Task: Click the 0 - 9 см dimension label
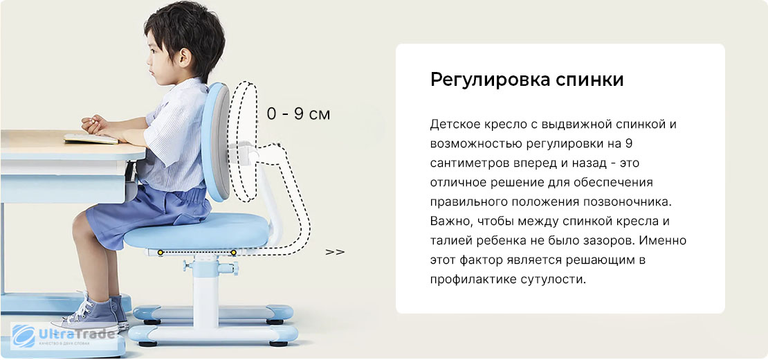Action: tap(298, 114)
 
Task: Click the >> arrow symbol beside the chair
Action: tap(335, 252)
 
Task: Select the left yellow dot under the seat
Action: tap(160, 253)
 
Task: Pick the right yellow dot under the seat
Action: tap(234, 253)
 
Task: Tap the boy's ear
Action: tap(185, 57)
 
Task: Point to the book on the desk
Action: tap(91, 138)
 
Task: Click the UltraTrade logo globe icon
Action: tap(24, 336)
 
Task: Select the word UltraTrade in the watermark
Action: tap(77, 335)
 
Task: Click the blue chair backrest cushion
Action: tap(216, 141)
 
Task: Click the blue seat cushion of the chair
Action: tap(196, 231)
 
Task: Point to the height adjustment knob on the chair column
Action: tap(228, 267)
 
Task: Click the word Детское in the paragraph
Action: tap(457, 125)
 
